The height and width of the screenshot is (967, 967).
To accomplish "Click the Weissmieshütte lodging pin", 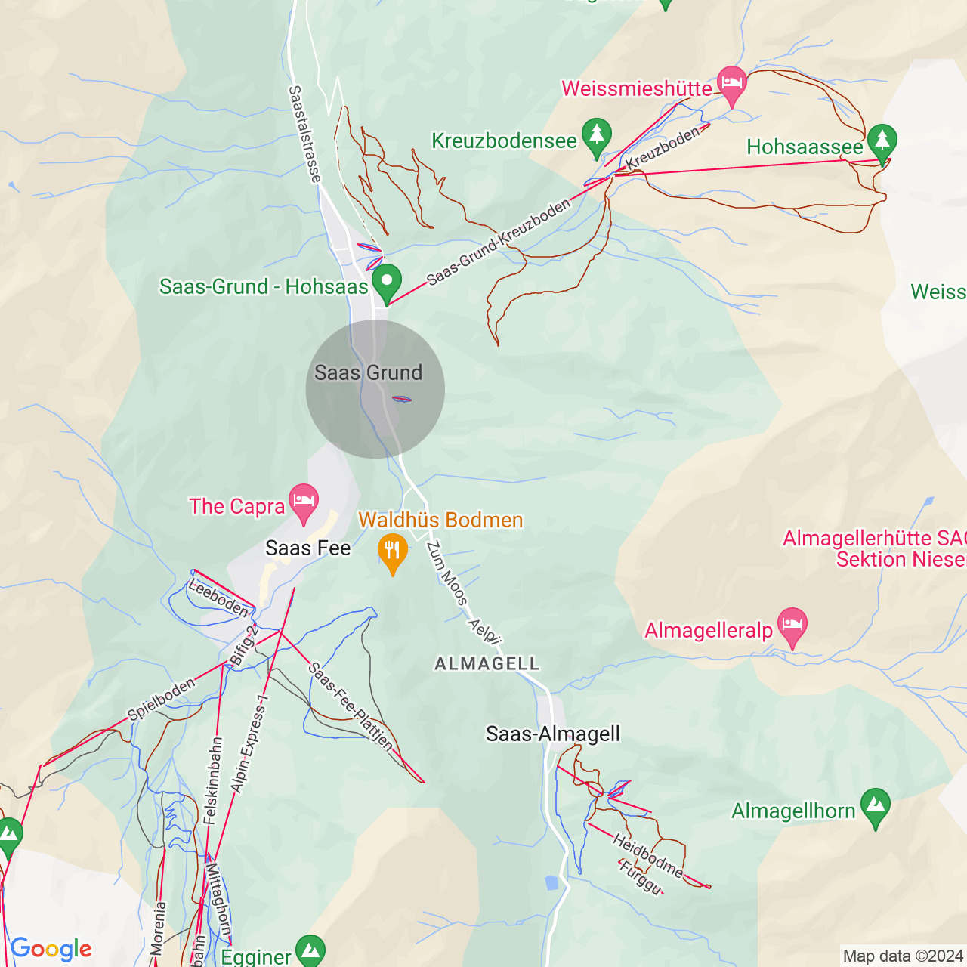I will click(x=731, y=85).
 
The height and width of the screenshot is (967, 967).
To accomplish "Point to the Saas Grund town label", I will click(x=369, y=372).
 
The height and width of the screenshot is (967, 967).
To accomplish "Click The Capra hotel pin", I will click(x=304, y=502).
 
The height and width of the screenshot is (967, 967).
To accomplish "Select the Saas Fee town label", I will click(x=308, y=548).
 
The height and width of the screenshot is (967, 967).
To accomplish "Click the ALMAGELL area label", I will click(x=487, y=663).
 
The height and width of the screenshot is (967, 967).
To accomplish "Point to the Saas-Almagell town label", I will click(x=553, y=734).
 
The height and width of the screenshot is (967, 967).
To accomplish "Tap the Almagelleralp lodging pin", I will click(x=792, y=626).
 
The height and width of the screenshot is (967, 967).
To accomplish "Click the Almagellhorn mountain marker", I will click(x=875, y=806).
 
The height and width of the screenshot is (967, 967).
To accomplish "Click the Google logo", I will click(x=51, y=949).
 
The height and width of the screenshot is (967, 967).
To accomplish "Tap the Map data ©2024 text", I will click(x=903, y=956).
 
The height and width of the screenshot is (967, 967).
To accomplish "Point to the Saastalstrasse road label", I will click(x=304, y=134).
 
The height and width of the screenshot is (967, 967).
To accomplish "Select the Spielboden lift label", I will click(x=162, y=699).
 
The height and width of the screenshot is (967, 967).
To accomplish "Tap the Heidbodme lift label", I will click(x=647, y=855).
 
